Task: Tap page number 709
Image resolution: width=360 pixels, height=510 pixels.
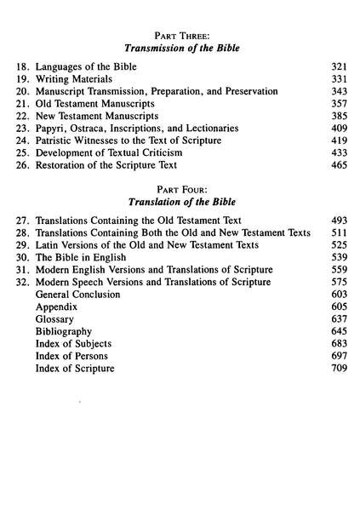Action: click(x=336, y=369)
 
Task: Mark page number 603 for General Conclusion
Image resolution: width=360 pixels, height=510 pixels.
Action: click(x=336, y=294)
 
